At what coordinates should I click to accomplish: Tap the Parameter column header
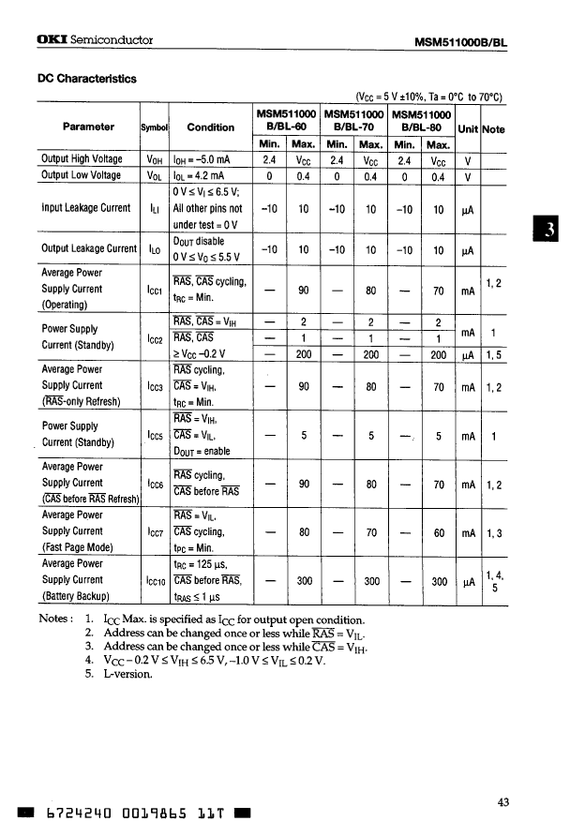coord(88,127)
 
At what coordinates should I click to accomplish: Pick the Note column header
coord(492,129)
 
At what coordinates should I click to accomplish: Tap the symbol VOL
coord(156,175)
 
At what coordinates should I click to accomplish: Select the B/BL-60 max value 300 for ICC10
coord(304,580)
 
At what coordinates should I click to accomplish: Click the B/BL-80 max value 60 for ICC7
coord(438,531)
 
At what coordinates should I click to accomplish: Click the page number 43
coord(503,800)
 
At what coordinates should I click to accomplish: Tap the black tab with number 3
coord(554,231)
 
